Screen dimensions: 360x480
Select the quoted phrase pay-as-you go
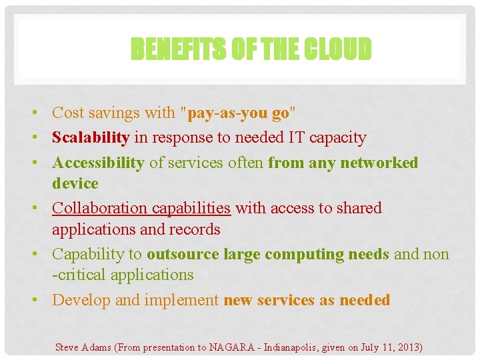239,113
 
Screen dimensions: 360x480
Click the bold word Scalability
91,137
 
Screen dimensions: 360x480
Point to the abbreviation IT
296,137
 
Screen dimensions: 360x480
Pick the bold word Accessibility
98,163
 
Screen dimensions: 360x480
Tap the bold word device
75,183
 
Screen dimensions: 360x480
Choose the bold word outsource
183,254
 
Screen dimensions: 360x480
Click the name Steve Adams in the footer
83,347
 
